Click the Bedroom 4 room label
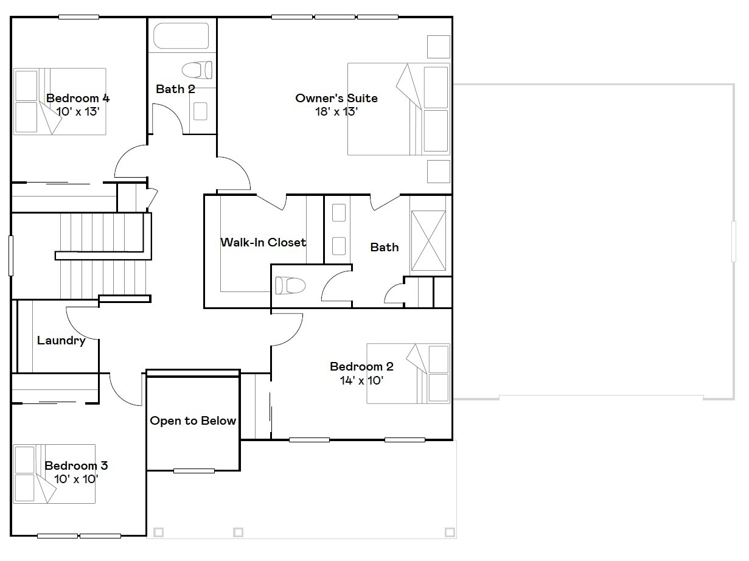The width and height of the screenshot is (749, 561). click(x=78, y=98)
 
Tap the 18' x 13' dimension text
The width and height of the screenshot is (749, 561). click(x=336, y=112)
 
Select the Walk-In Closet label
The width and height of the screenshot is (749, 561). click(x=263, y=242)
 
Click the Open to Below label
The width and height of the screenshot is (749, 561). click(x=193, y=421)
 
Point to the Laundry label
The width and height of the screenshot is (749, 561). click(x=61, y=341)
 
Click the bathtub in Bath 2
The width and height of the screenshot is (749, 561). click(x=181, y=36)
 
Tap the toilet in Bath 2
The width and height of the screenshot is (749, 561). click(x=198, y=69)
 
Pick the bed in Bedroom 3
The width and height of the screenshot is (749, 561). click(x=55, y=473)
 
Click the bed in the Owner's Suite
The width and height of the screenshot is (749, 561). click(x=399, y=109)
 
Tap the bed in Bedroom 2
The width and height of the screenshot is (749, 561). click(x=408, y=373)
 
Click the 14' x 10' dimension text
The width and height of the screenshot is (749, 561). click(x=361, y=380)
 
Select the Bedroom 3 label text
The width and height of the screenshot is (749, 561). click(x=76, y=466)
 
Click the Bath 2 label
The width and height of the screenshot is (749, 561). click(x=175, y=89)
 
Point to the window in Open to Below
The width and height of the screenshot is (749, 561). click(x=194, y=470)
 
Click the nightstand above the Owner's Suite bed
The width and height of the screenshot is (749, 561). click(x=438, y=46)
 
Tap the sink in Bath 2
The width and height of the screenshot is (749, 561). click(x=200, y=111)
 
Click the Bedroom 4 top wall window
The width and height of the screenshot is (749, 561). click(x=78, y=17)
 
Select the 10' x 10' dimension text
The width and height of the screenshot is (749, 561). click(x=76, y=479)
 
